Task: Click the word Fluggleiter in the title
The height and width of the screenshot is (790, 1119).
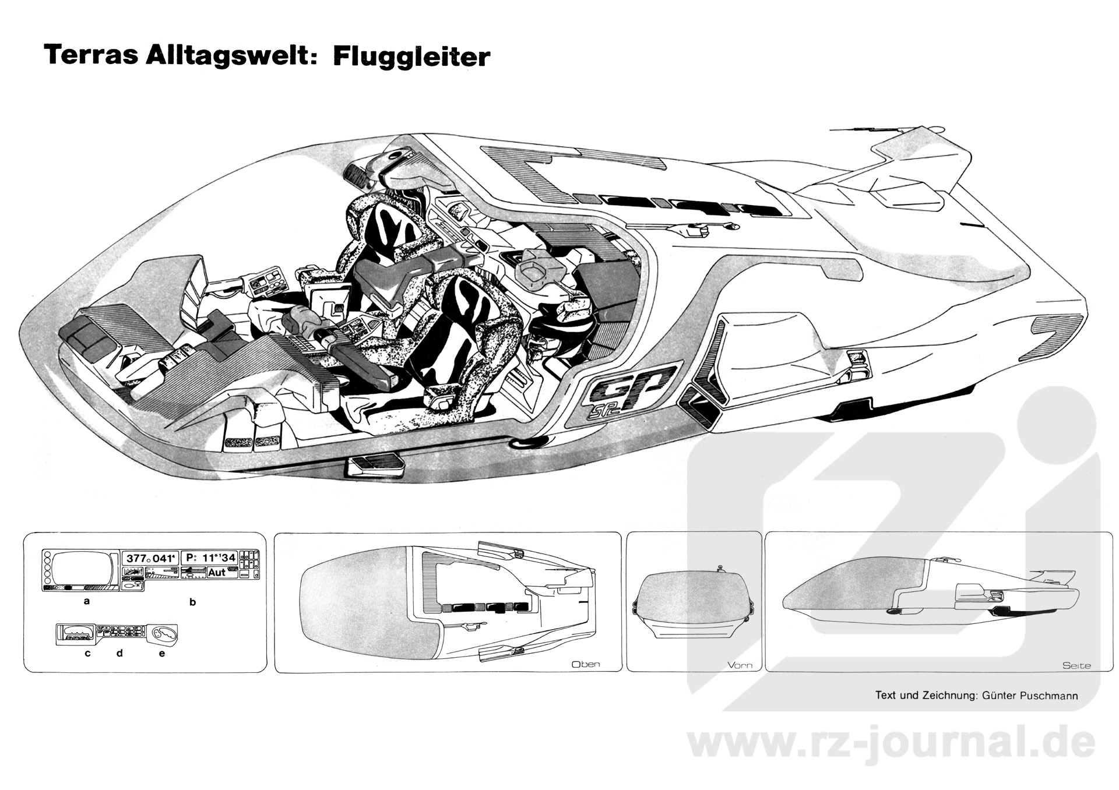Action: coord(411,57)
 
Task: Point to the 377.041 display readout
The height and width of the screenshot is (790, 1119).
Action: coord(148,558)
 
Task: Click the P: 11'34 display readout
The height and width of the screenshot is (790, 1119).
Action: coord(210,558)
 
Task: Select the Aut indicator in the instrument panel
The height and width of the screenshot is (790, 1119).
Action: coord(217,572)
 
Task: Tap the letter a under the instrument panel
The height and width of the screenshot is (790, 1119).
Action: coord(87,601)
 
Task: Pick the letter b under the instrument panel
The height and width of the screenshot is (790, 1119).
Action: coord(193,602)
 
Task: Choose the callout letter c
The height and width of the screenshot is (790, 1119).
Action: coord(87,653)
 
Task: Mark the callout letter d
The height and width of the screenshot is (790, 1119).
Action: coord(119,653)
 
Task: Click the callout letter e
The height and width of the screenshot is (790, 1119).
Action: coord(162,653)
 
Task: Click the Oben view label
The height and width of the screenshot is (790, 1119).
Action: coord(586,664)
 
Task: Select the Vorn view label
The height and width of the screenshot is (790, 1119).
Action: coord(740,665)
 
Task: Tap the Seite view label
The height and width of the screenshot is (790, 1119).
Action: coord(1076,665)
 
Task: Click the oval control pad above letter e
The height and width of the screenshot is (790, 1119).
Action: coord(164,633)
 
